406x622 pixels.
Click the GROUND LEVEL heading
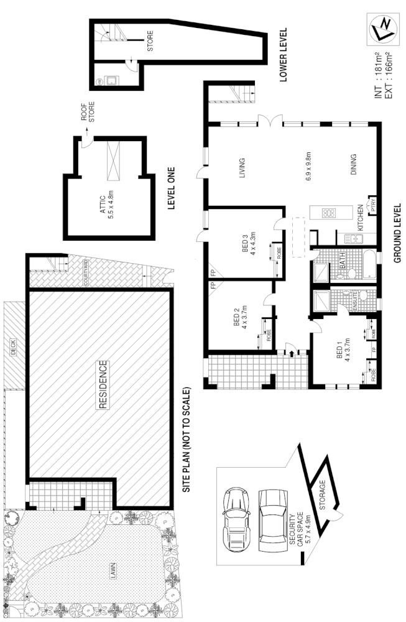pos(396,233)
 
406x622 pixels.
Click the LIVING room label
pos(242,169)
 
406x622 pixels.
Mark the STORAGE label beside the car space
pos(323,495)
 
